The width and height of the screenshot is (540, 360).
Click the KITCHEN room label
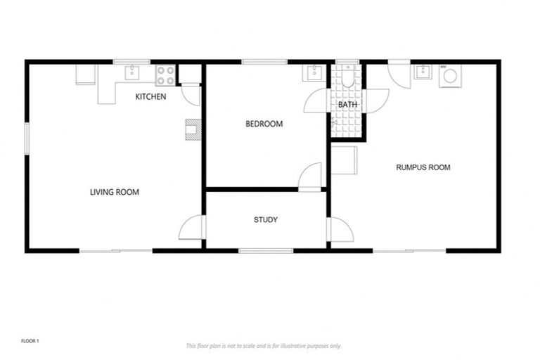(x=150, y=96)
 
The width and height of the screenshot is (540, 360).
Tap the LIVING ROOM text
(x=114, y=192)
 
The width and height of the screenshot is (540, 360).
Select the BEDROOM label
(x=264, y=124)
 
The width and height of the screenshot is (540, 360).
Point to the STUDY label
(x=265, y=220)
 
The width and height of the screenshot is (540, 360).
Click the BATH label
(x=347, y=105)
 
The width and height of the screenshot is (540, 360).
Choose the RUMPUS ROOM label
(x=423, y=167)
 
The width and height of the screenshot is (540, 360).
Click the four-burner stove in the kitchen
(x=165, y=72)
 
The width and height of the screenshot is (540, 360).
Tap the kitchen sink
(x=131, y=72)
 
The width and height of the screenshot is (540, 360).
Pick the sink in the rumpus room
(x=423, y=72)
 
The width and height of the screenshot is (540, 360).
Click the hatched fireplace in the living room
(x=193, y=130)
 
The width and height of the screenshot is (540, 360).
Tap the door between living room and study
(x=193, y=227)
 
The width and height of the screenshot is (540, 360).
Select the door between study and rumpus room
(x=340, y=229)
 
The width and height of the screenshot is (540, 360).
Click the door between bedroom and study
(x=310, y=176)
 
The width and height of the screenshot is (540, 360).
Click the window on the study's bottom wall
(x=265, y=250)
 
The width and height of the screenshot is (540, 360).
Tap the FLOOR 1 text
(x=30, y=341)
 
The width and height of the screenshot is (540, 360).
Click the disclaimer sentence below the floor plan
(x=264, y=346)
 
